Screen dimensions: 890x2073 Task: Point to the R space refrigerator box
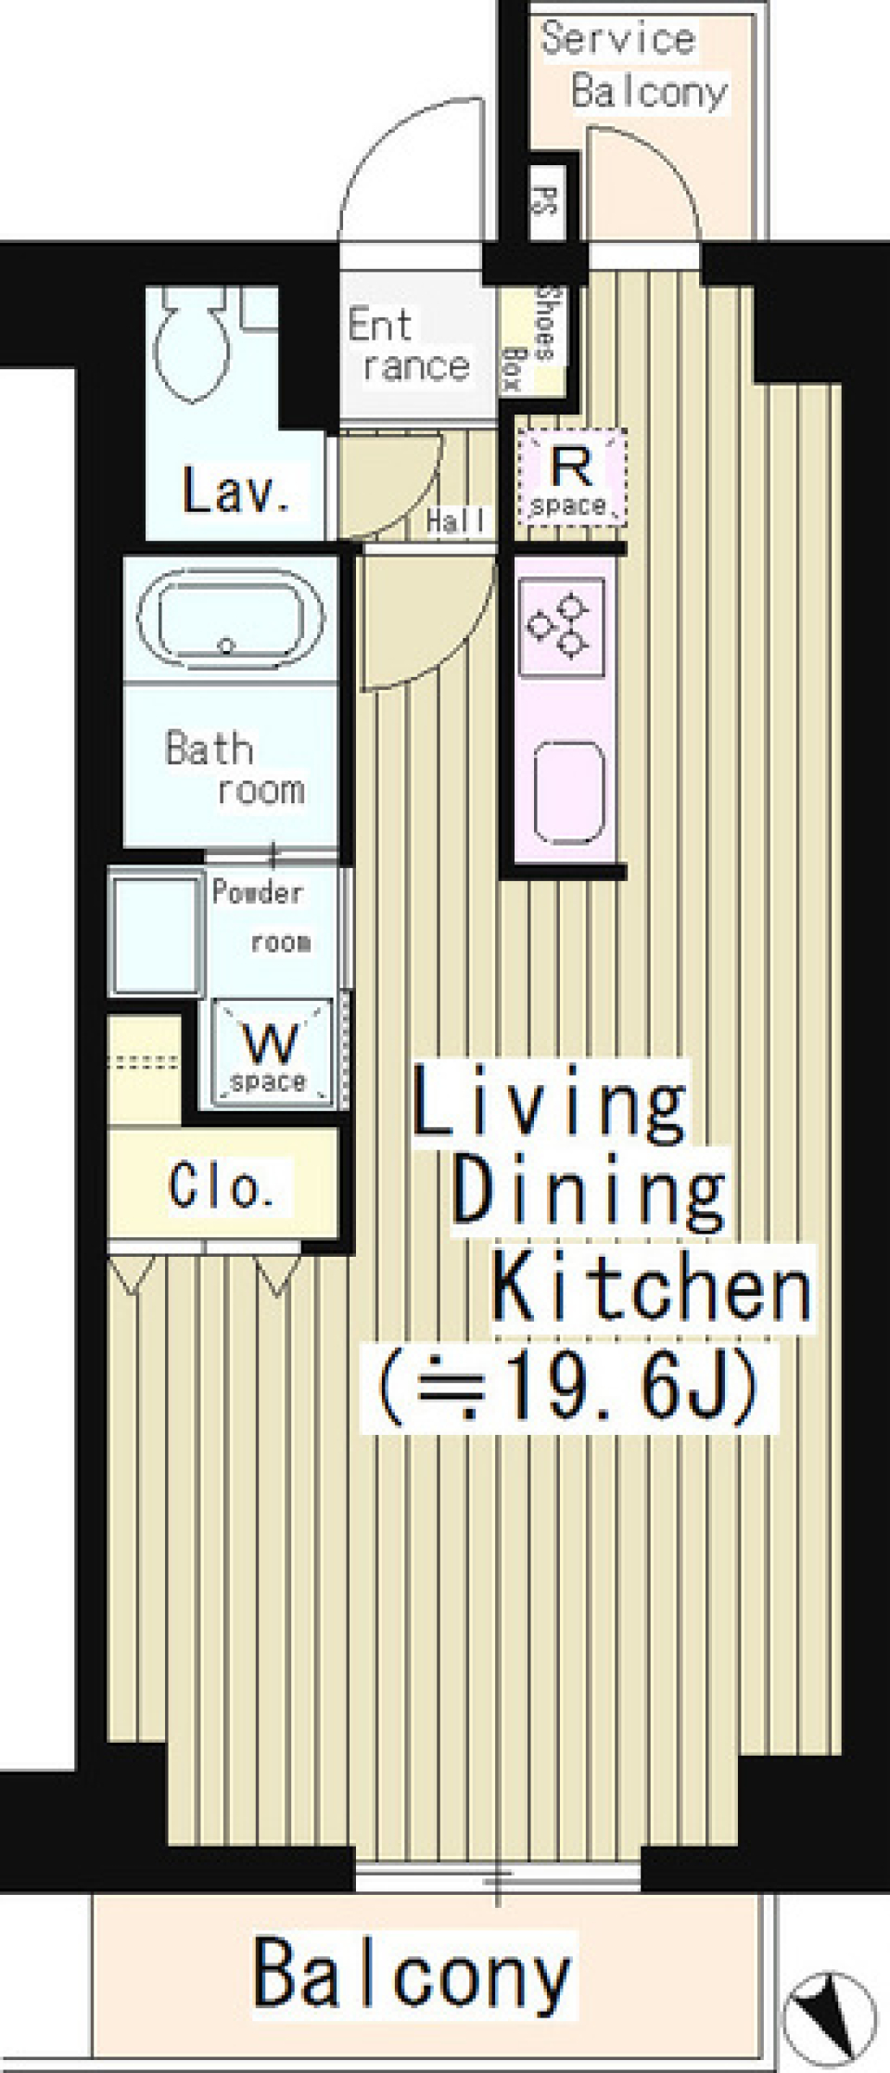tap(572, 477)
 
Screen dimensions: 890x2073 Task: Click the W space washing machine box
tap(272, 1052)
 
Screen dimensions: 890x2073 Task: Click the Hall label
tap(456, 521)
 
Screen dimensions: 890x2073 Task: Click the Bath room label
tap(235, 769)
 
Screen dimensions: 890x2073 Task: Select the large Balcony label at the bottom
tap(412, 1972)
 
